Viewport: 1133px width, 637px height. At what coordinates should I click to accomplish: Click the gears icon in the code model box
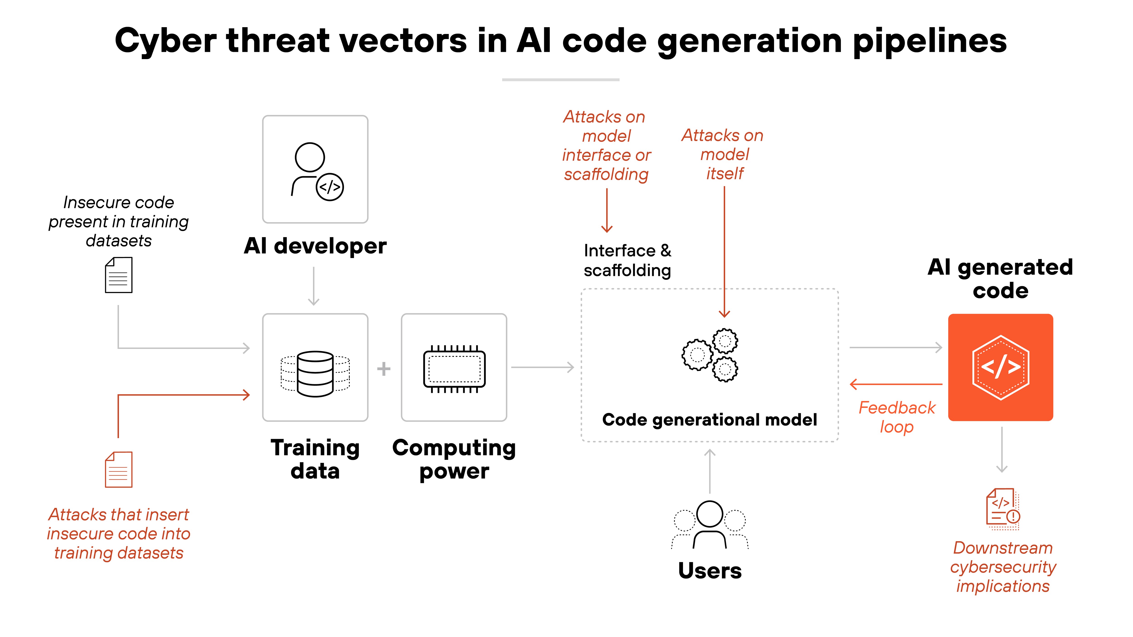pos(710,355)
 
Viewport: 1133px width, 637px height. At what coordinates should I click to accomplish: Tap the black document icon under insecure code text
pos(118,275)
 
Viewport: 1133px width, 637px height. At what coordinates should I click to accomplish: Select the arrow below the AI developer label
pos(314,286)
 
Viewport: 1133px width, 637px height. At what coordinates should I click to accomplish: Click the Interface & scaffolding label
pos(627,260)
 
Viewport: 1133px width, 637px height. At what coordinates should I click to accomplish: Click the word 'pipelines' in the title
pos(929,41)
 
